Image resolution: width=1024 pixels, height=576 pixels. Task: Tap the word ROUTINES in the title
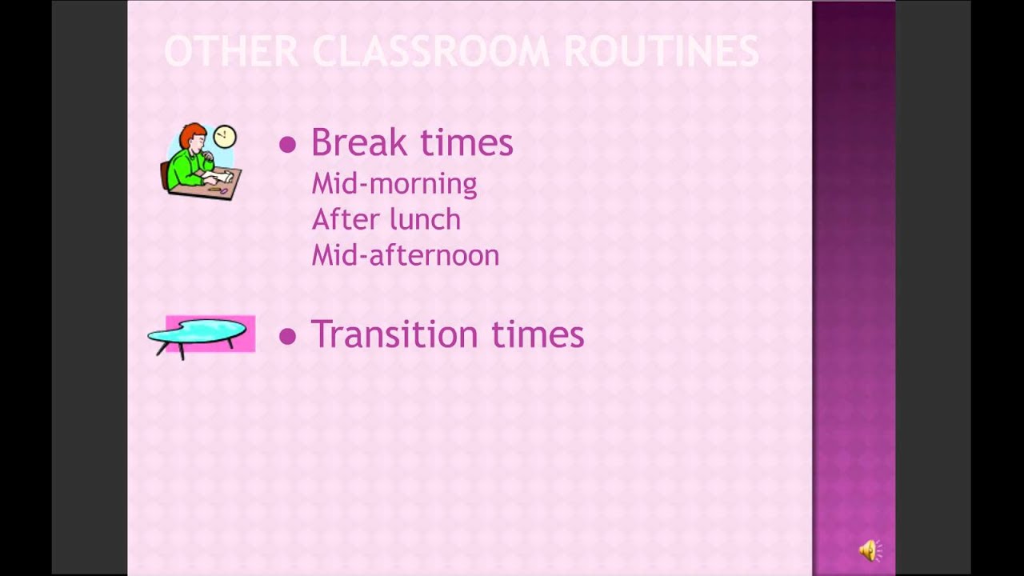coord(662,52)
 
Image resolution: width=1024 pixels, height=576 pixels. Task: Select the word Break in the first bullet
coord(358,143)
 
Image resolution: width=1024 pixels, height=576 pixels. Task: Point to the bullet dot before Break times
coord(287,145)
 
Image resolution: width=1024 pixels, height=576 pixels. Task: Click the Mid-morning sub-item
coord(394,184)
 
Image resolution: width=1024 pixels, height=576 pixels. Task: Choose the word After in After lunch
coord(344,219)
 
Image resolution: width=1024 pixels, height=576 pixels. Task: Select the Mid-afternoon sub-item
coord(405,256)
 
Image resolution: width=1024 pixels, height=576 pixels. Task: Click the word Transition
coord(395,334)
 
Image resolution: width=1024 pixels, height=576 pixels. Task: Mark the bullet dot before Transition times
coord(287,337)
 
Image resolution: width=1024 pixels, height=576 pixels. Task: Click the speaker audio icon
coord(869,550)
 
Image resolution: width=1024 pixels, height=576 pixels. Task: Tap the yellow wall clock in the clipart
coord(226,136)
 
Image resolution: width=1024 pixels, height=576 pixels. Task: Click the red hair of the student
coord(190,134)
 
